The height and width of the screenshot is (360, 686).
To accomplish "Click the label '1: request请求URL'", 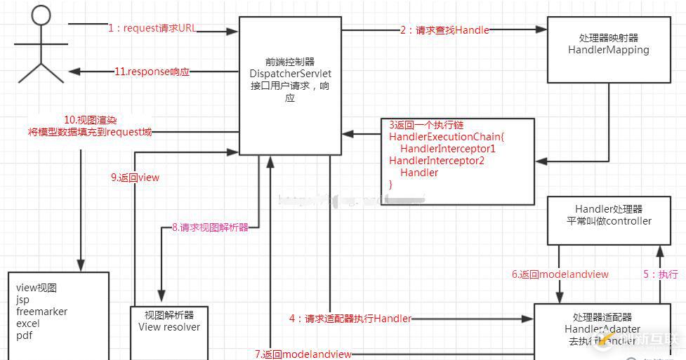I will pos(152,29).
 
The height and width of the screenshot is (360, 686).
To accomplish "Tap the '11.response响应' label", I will pos(152,72).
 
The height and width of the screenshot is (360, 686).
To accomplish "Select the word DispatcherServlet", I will pos(290,74).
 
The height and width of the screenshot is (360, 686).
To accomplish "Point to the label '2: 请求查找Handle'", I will pos(444,30).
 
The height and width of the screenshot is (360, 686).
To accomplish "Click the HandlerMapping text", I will pos(608,50).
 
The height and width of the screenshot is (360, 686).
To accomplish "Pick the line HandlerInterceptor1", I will pos(448,149).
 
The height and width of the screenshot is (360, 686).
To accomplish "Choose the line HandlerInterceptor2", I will pos(437,161).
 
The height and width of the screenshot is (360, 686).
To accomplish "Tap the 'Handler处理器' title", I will pos(608,209).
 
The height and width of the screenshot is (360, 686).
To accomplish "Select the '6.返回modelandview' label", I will pos(560,274).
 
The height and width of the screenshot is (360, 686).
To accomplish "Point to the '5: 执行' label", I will pos(660,274).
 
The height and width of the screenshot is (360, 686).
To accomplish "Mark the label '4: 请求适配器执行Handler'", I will pos(350,319).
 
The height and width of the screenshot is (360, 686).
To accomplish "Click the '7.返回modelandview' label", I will pos(303,354).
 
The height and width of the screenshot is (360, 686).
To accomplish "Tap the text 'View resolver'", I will pos(169,327).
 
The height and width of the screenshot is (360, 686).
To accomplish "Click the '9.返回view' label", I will pos(135,178).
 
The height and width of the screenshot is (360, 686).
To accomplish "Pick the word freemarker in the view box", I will pos(41,312).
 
